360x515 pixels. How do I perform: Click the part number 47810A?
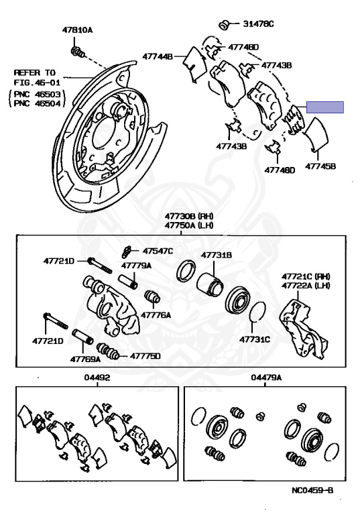pyautogui.click(x=78, y=30)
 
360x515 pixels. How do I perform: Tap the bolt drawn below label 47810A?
pyautogui.click(x=77, y=52)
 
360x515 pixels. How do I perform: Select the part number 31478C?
pyautogui.click(x=258, y=23)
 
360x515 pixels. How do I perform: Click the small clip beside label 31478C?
pyautogui.click(x=225, y=25)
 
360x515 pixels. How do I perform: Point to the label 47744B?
pyautogui.click(x=158, y=56)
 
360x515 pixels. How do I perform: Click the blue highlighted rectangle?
pyautogui.click(x=325, y=107)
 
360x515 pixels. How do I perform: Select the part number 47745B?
pyautogui.click(x=320, y=166)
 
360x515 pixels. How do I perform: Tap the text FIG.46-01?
pyautogui.click(x=33, y=82)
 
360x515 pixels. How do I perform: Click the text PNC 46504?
pyautogui.click(x=37, y=103)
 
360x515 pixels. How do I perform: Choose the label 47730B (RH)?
pyautogui.click(x=189, y=216)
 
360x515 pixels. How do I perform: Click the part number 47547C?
pyautogui.click(x=158, y=251)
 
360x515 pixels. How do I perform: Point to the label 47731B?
pyautogui.click(x=217, y=255)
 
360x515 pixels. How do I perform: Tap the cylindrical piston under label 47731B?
pyautogui.click(x=211, y=285)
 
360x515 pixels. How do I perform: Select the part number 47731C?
pyautogui.click(x=255, y=339)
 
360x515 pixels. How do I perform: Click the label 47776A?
pyautogui.click(x=156, y=315)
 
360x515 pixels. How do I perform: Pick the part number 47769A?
pyautogui.click(x=85, y=359)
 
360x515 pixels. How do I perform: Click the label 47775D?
pyautogui.click(x=145, y=355)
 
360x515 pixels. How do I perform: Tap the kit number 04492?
pyautogui.click(x=97, y=378)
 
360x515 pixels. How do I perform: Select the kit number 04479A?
pyautogui.click(x=266, y=378)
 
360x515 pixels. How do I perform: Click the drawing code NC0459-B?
pyautogui.click(x=312, y=490)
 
